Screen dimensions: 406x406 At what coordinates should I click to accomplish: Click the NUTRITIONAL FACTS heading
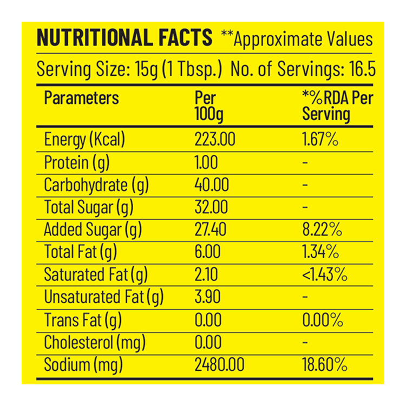(124, 38)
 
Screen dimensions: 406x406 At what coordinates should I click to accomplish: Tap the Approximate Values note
(297, 39)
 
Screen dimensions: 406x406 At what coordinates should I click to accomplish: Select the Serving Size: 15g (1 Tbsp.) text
(129, 70)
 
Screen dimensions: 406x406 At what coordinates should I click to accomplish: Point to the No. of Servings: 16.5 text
(303, 70)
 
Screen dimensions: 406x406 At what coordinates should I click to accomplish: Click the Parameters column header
(81, 98)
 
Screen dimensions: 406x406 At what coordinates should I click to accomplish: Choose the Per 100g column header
(208, 106)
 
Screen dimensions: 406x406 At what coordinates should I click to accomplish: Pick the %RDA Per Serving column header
(337, 106)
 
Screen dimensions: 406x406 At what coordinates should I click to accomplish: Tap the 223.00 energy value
(215, 140)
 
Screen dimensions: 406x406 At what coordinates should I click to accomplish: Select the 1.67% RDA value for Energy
(320, 140)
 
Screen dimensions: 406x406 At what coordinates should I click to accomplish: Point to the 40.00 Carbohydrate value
(212, 185)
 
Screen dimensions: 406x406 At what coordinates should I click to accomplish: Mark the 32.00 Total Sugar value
(211, 207)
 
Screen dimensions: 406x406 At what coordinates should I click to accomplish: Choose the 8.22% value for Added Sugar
(322, 230)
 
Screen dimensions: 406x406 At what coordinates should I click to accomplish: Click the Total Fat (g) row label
(81, 252)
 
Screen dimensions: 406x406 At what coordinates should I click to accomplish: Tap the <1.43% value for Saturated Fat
(325, 275)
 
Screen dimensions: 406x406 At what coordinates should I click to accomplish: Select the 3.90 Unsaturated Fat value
(206, 297)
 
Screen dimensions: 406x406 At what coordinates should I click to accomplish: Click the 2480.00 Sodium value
(219, 365)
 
